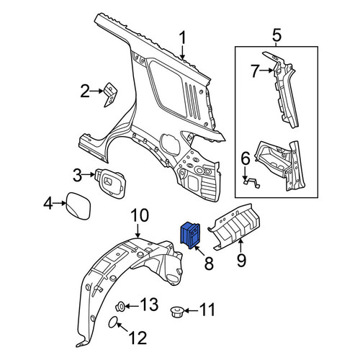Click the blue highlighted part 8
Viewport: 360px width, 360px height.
pos(191,235)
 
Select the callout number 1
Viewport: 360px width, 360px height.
pos(183,38)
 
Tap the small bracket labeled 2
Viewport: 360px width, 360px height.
pos(110,94)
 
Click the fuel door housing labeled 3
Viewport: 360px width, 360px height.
pos(111,184)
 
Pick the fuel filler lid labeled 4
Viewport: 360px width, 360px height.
pos(78,205)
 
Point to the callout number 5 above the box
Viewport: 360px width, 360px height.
pos(276,35)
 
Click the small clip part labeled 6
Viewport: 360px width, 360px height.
pos(252,182)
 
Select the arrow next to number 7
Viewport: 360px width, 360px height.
pos(266,71)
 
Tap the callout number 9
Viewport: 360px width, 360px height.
pos(241,261)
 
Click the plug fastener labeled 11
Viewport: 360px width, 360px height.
pos(177,312)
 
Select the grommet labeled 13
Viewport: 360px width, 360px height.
pos(120,307)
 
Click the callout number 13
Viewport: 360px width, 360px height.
pos(149,305)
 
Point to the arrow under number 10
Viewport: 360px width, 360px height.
pos(138,230)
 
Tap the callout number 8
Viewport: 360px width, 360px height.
pos(209,264)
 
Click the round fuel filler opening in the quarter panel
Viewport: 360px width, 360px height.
pos(170,145)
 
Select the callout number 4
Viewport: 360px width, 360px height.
pos(48,204)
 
